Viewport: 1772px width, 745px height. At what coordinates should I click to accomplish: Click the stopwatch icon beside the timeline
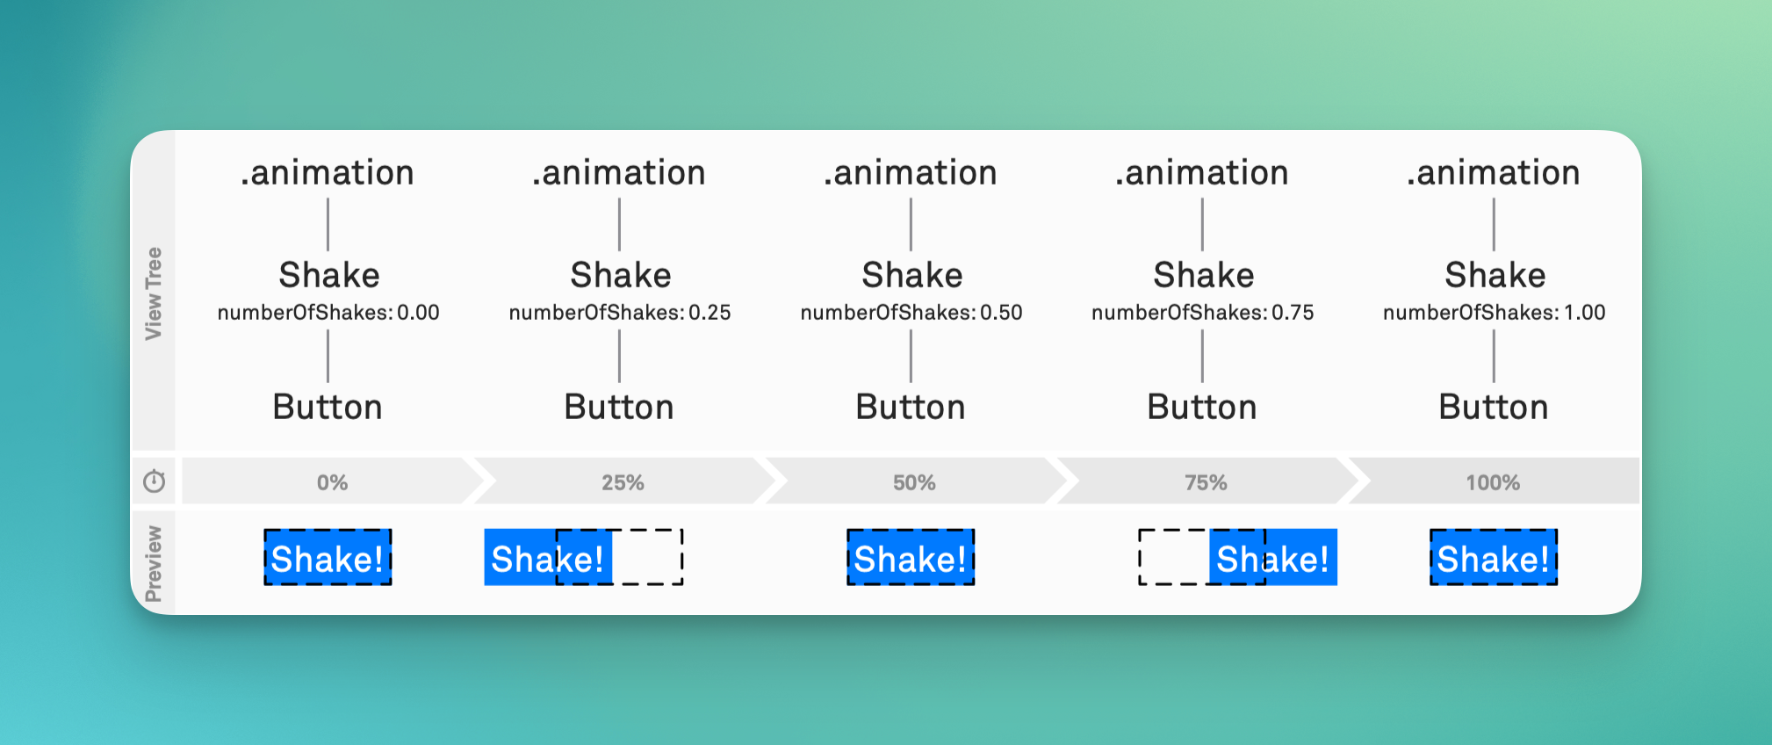tap(155, 481)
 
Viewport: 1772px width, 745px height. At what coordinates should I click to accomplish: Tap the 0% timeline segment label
tap(333, 482)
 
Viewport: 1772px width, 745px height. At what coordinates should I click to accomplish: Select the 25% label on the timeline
tap(623, 482)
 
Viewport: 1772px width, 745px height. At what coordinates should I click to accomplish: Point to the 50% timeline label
tap(914, 482)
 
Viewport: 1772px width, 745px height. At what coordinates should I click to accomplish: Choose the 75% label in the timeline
tap(1206, 482)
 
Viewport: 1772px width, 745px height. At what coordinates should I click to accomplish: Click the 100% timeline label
tap(1493, 482)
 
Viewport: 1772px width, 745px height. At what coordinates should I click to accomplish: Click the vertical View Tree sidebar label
tap(154, 293)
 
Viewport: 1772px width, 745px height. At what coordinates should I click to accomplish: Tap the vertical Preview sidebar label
tap(154, 564)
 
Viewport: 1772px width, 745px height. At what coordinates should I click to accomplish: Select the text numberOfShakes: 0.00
tap(328, 313)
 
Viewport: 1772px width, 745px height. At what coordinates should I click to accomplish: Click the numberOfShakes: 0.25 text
tap(620, 313)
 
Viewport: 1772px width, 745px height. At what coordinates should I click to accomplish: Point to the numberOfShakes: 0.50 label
tap(911, 313)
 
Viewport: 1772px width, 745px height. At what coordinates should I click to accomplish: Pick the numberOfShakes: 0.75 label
tap(1203, 313)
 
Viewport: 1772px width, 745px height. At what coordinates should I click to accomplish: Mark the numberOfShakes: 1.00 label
tap(1495, 313)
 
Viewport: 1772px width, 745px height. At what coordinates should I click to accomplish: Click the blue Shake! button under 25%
tap(548, 557)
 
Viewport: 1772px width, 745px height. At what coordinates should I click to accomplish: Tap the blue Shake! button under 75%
tap(1273, 557)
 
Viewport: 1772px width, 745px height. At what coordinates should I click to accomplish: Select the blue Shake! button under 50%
tap(911, 557)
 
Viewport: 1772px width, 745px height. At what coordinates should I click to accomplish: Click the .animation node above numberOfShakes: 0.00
tap(328, 172)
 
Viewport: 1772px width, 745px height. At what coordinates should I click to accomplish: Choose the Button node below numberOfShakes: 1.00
tap(1494, 407)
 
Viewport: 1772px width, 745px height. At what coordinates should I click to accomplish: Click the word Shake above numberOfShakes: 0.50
tap(912, 275)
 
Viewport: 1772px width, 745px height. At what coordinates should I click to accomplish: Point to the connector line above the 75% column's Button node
tap(1202, 356)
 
